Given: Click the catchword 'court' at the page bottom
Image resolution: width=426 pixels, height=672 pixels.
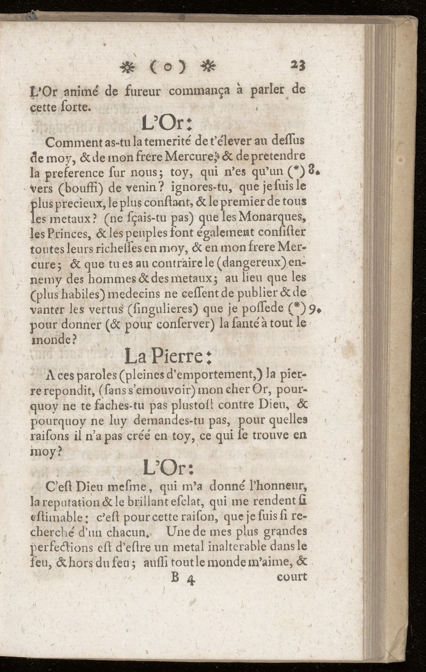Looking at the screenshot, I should tap(291, 576).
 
